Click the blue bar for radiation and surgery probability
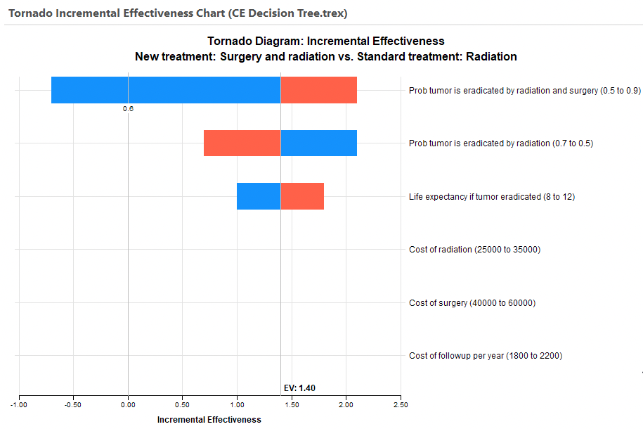166,90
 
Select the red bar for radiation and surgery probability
318,90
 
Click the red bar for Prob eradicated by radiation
242,143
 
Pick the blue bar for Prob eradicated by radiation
318,143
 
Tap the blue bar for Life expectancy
259,196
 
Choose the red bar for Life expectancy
302,196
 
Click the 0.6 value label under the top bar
128,109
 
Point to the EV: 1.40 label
299,388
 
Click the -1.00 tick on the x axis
19,404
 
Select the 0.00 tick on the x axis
128,404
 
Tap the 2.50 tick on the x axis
401,404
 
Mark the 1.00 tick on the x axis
237,404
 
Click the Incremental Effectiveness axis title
209,420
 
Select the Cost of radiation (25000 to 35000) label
474,250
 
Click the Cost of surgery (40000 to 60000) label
472,303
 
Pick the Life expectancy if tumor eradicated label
492,197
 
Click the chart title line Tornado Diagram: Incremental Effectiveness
325,41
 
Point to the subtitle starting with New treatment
325,57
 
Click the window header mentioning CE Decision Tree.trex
178,13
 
